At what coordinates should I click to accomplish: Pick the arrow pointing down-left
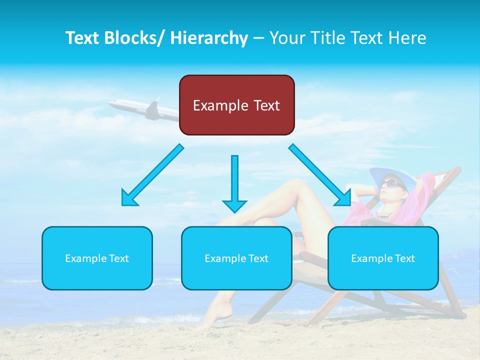tap(152, 175)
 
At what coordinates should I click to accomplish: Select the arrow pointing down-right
tap(320, 175)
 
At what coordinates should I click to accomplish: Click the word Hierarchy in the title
tap(208, 38)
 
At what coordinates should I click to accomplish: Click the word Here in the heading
tap(407, 38)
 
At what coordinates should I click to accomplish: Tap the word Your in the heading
tap(286, 38)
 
